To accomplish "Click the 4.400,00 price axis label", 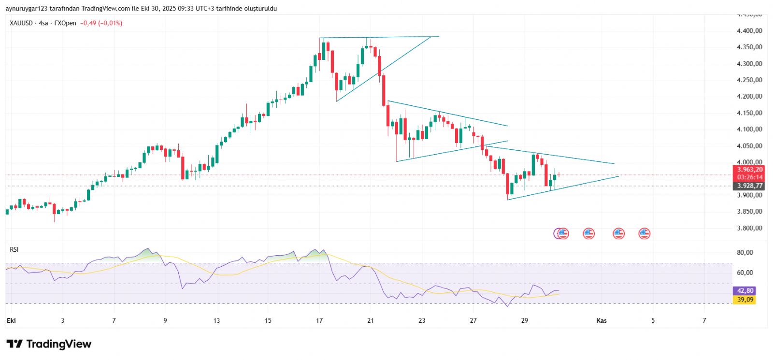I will click(x=749, y=31).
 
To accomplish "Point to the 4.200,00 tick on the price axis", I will click(x=749, y=97).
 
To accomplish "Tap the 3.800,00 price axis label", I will click(x=749, y=228).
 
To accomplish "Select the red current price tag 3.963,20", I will click(x=750, y=170).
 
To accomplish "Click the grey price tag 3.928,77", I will click(x=750, y=186).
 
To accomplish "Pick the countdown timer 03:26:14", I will click(x=750, y=177).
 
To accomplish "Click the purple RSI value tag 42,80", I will click(x=745, y=291).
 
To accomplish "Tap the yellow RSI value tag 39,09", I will click(x=745, y=300).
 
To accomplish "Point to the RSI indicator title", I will click(x=14, y=249).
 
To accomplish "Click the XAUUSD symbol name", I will click(x=21, y=23).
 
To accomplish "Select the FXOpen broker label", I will click(x=65, y=23).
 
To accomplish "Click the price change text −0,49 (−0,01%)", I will click(x=101, y=23).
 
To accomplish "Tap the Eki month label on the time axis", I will click(x=11, y=320).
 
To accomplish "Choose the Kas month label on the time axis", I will click(x=601, y=320).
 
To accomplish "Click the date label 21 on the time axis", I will click(x=371, y=320).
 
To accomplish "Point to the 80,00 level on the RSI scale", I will click(x=744, y=253).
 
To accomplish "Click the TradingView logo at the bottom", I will click(x=49, y=344).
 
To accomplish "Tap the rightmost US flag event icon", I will click(x=644, y=234).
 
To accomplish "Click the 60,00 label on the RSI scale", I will click(x=744, y=273).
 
